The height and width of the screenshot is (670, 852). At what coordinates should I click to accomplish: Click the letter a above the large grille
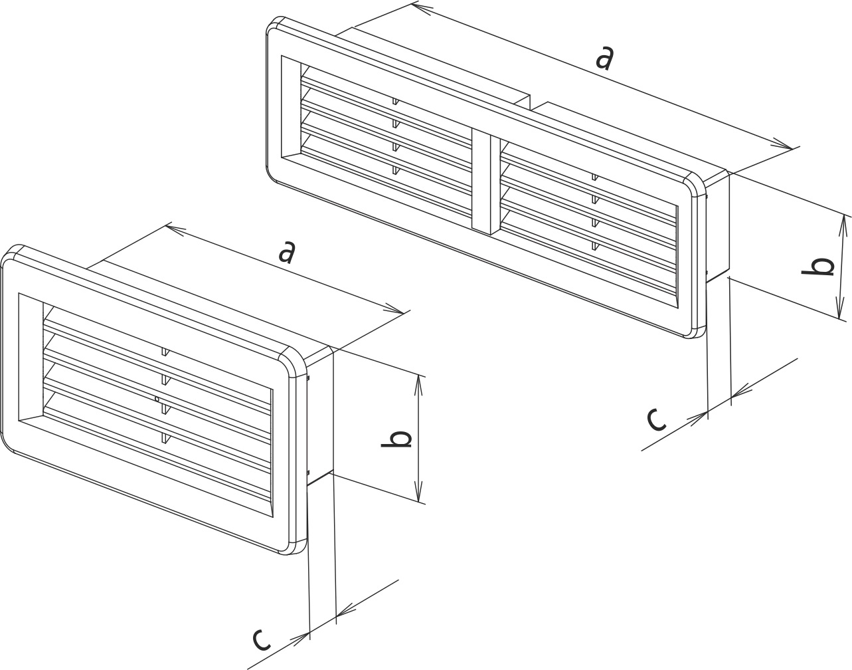pyautogui.click(x=604, y=58)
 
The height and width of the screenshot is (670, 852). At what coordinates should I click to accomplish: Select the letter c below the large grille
pyautogui.click(x=657, y=419)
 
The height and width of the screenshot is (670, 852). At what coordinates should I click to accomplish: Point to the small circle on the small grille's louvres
pyautogui.click(x=157, y=399)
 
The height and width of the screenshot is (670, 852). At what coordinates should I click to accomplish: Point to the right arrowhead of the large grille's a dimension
pyautogui.click(x=780, y=144)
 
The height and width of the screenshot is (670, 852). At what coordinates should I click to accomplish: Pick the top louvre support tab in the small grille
pyautogui.click(x=165, y=352)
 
